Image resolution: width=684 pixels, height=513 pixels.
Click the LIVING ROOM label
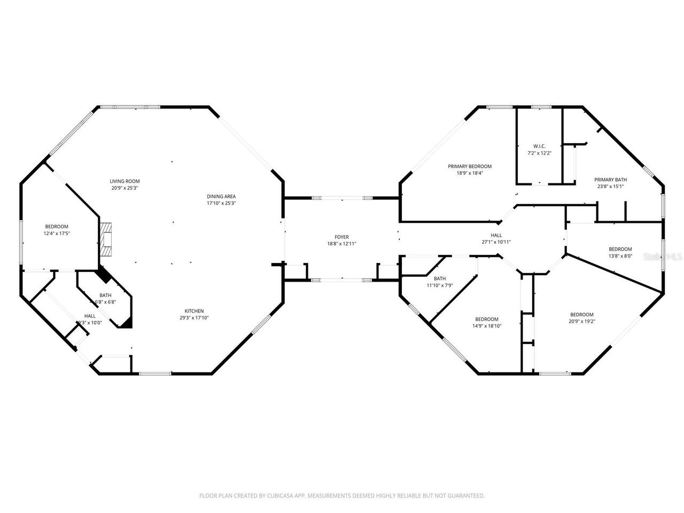click(125, 181)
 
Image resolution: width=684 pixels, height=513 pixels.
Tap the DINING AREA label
click(221, 196)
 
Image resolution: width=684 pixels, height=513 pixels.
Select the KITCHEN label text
click(194, 311)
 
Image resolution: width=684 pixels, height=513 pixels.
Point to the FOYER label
click(341, 237)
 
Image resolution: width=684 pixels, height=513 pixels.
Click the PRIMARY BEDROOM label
click(469, 166)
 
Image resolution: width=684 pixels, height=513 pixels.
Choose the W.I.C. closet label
click(539, 146)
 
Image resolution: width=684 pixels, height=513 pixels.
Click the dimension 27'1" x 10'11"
click(496, 242)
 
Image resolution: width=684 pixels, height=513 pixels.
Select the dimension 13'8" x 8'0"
click(620, 256)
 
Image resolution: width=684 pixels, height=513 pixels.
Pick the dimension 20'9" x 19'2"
click(581, 321)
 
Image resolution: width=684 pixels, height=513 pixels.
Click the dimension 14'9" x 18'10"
click(486, 325)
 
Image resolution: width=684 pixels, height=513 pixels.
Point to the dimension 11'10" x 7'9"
click(440, 285)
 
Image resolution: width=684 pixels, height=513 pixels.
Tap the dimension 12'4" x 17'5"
click(57, 234)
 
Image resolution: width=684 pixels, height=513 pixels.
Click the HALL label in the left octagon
click(90, 316)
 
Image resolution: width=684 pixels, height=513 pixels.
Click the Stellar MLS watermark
click(663, 256)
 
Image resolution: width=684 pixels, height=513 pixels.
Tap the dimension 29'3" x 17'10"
click(194, 318)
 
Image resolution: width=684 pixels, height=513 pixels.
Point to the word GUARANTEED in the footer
click(467, 496)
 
